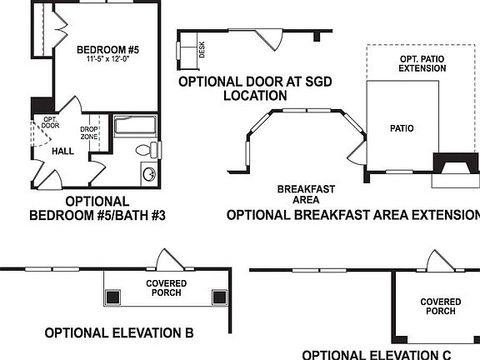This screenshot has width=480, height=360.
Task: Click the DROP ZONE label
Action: pyautogui.click(x=89, y=132)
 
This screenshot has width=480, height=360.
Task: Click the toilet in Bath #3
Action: pyautogui.click(x=147, y=151)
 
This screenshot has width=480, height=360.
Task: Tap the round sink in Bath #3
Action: pyautogui.click(x=149, y=175)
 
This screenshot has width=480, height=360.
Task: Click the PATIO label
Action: pyautogui.click(x=402, y=128)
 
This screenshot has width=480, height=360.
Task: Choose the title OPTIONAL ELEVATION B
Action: pyautogui.click(x=119, y=333)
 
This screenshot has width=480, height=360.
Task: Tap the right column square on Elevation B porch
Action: pyautogui.click(x=219, y=295)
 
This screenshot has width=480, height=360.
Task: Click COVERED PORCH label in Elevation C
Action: pyautogui.click(x=441, y=307)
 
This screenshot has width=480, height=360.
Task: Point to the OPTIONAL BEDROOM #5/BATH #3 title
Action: pyautogui.click(x=97, y=208)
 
